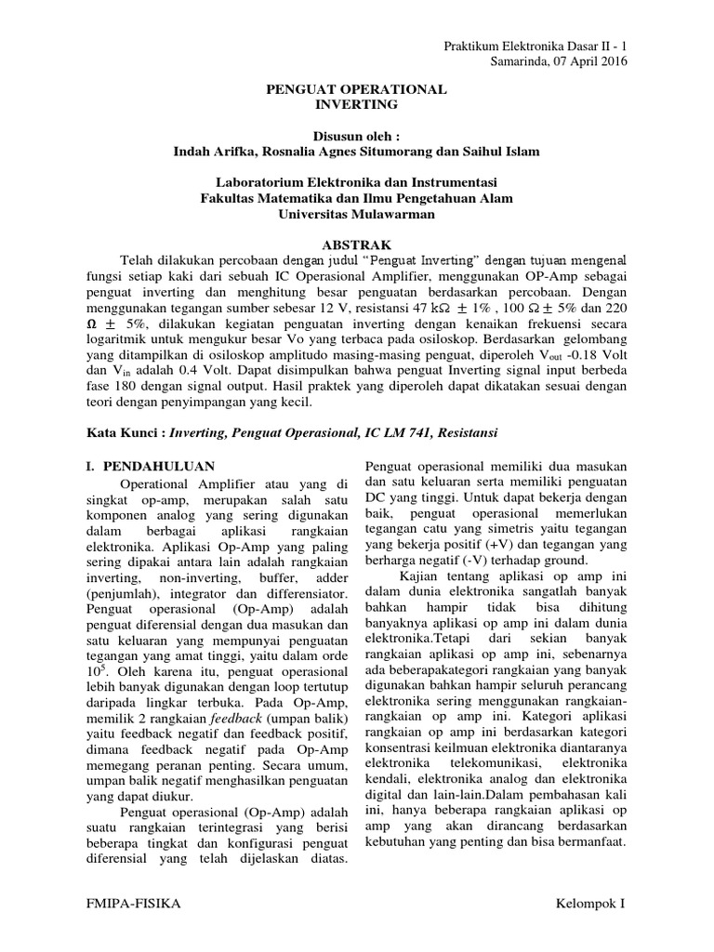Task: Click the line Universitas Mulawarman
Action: coord(357,213)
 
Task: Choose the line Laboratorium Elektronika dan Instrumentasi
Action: coord(357,180)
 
